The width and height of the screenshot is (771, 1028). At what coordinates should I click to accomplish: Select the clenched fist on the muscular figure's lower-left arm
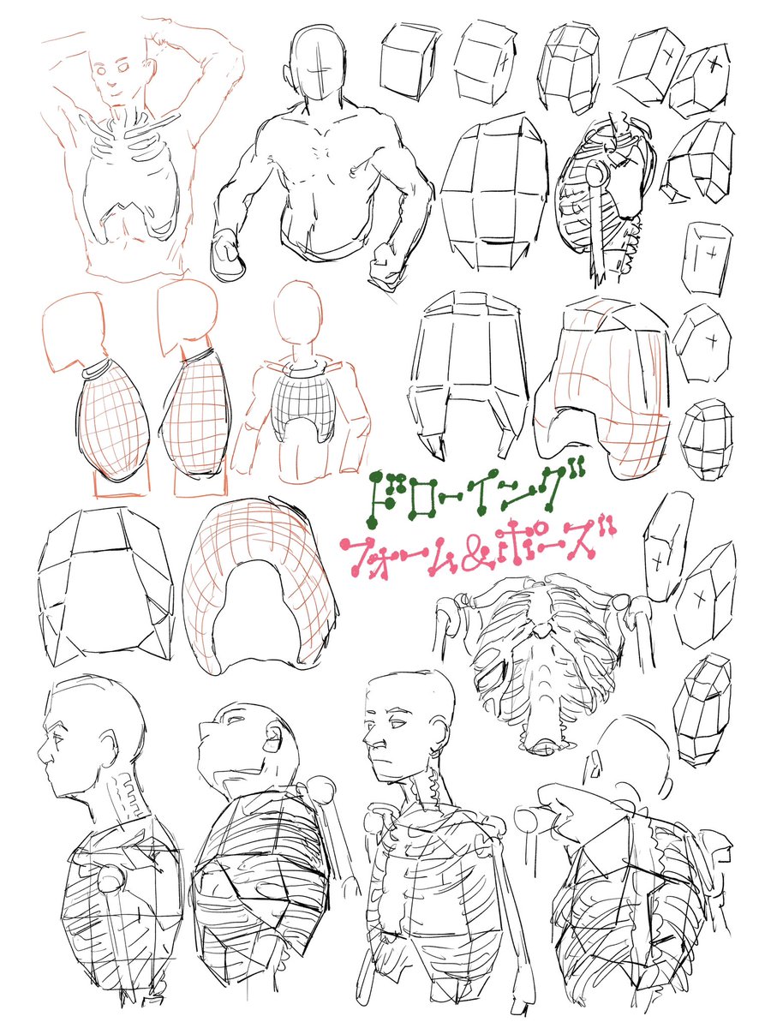click(228, 255)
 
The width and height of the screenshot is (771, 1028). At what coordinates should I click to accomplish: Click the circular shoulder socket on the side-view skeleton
click(595, 174)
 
